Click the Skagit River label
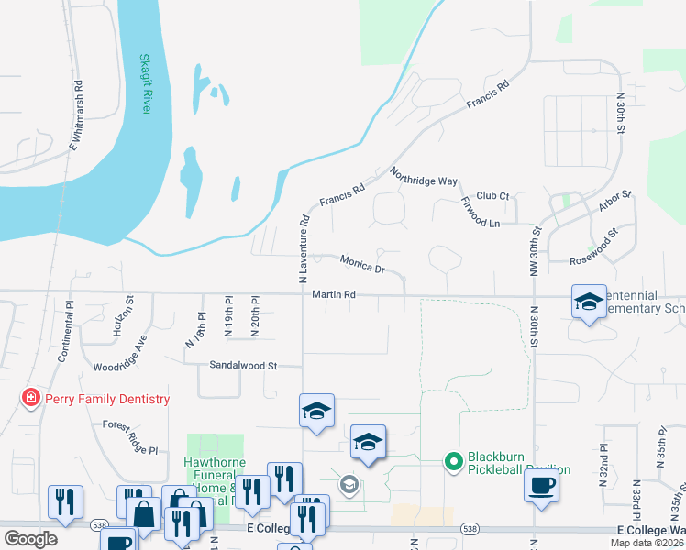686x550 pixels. (x=144, y=83)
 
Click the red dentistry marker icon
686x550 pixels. (x=31, y=398)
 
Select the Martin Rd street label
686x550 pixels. (x=333, y=295)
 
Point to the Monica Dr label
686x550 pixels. (x=361, y=264)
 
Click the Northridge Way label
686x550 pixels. (x=423, y=176)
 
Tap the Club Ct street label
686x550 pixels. (x=492, y=195)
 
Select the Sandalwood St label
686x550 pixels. (x=243, y=365)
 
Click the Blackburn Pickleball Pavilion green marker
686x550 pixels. (x=451, y=462)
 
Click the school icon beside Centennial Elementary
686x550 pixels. (x=588, y=301)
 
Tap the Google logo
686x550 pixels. (x=30, y=538)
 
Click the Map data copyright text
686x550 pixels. (x=646, y=543)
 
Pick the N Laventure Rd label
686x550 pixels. (x=303, y=247)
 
